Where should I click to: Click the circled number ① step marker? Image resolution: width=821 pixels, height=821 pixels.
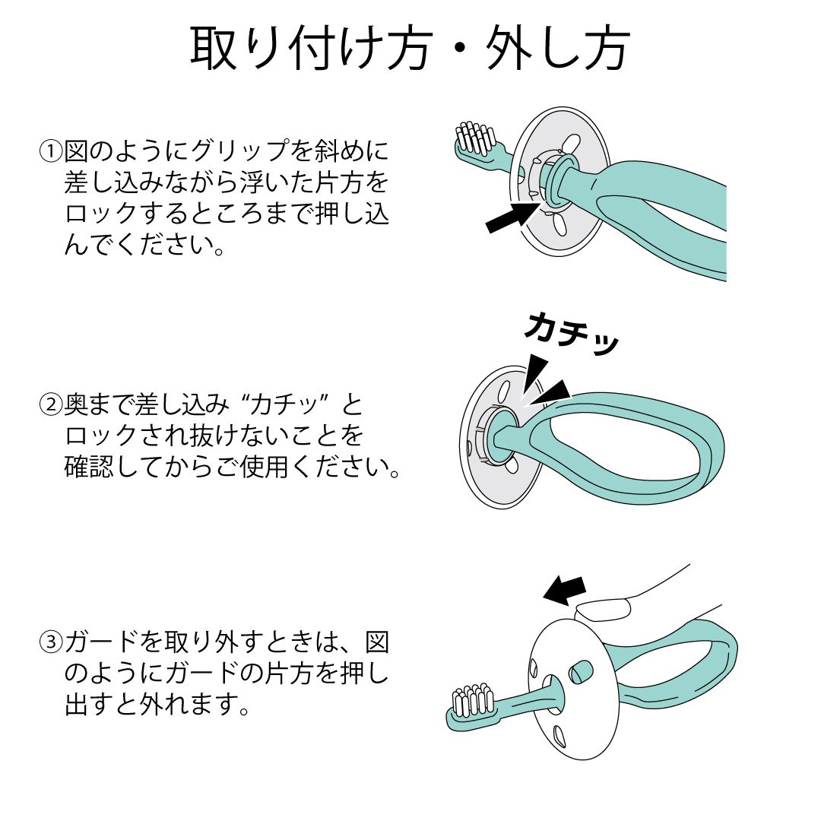click(52, 151)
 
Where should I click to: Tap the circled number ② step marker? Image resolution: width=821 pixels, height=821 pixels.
click(52, 404)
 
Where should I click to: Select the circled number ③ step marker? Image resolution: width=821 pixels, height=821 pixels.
click(52, 642)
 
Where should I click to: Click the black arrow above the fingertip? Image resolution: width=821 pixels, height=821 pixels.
click(564, 590)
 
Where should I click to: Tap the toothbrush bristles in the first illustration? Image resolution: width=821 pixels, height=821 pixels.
click(475, 137)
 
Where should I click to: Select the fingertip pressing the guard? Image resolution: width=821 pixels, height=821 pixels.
click(602, 610)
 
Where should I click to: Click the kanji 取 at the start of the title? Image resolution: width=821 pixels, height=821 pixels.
click(211, 49)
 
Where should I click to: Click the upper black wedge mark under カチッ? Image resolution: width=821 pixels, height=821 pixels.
click(535, 372)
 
